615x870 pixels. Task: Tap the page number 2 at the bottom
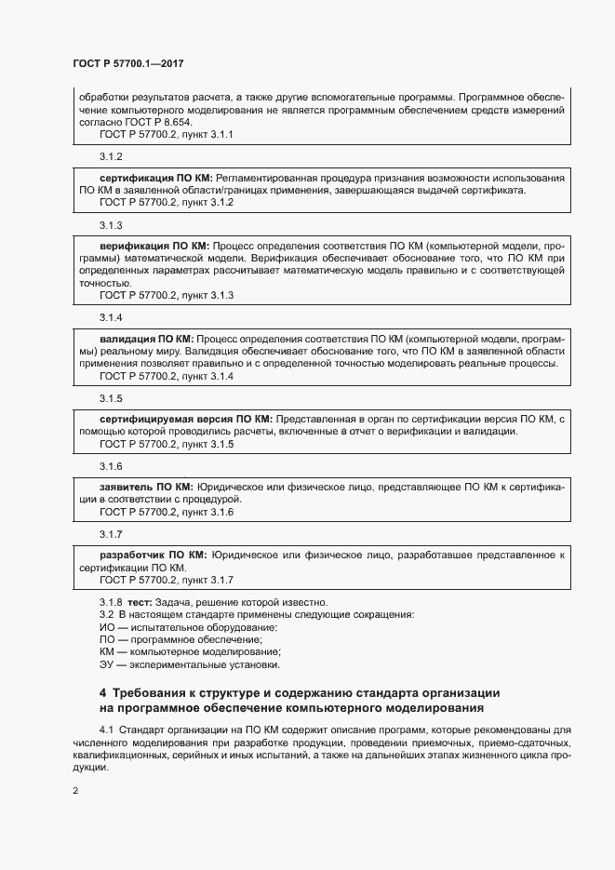(75, 791)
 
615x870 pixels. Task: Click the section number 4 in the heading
(103, 693)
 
